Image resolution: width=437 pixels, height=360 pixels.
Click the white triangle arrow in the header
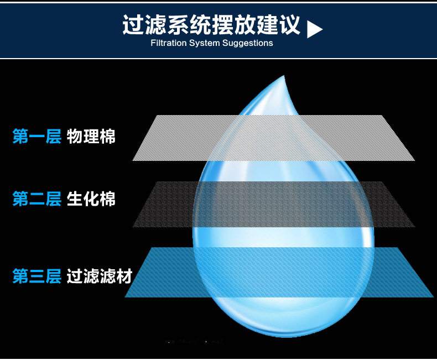tap(314, 28)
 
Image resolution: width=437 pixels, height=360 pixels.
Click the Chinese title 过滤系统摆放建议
tap(211, 25)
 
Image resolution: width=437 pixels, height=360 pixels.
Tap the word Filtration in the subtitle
tap(169, 43)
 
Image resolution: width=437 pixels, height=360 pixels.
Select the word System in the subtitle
tap(205, 43)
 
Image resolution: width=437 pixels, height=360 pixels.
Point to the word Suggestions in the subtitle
tap(247, 43)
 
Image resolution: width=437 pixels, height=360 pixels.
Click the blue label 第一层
tap(37, 136)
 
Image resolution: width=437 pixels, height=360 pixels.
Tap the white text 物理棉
tap(91, 136)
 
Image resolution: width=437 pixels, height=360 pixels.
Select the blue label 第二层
tap(37, 199)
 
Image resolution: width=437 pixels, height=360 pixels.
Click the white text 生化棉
tap(91, 199)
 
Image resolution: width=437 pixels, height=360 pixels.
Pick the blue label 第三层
tap(37, 276)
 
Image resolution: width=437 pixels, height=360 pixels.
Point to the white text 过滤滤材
tap(100, 276)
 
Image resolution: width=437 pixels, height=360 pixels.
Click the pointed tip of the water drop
tap(285, 77)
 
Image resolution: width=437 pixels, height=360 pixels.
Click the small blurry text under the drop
tap(194, 342)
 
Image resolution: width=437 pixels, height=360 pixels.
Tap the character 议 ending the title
tap(289, 25)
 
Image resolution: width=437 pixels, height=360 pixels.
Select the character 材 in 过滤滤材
tap(124, 276)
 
